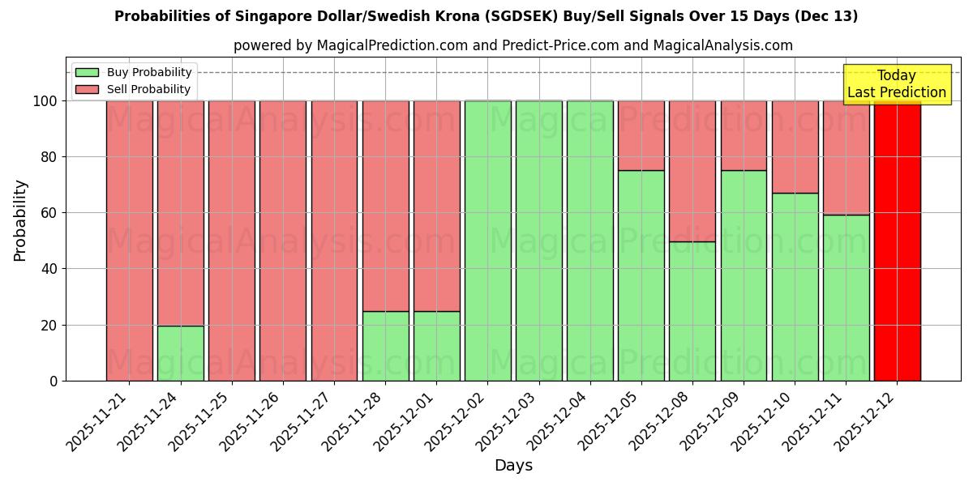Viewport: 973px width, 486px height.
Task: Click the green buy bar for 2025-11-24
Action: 180,353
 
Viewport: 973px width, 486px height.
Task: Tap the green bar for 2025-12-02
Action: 487,241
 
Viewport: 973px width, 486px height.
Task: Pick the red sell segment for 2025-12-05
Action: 641,135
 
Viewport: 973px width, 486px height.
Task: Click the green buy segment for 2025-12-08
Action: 692,311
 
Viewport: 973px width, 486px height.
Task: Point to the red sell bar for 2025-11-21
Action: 129,241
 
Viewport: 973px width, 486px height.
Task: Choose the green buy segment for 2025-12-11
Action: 846,297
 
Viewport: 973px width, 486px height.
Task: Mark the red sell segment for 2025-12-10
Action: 795,147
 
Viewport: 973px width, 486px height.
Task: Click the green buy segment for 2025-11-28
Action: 385,346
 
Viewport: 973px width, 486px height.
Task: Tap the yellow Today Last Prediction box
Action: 896,84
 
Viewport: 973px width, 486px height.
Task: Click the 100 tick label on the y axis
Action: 44,101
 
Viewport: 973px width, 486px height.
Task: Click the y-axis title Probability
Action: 20,220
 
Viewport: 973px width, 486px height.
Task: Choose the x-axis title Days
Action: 513,466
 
